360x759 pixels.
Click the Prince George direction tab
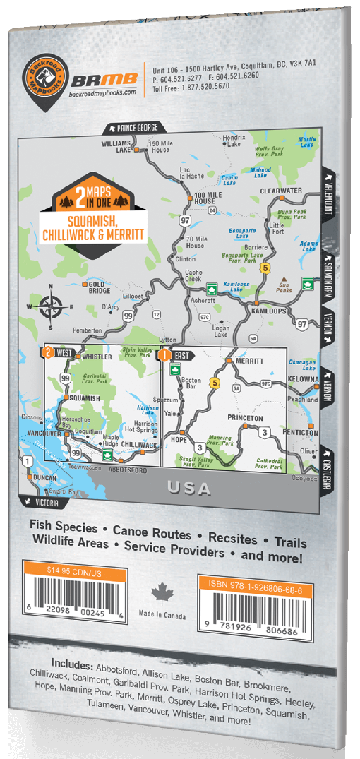[136, 129]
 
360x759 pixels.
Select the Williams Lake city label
[116, 146]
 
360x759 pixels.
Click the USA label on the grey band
[190, 487]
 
